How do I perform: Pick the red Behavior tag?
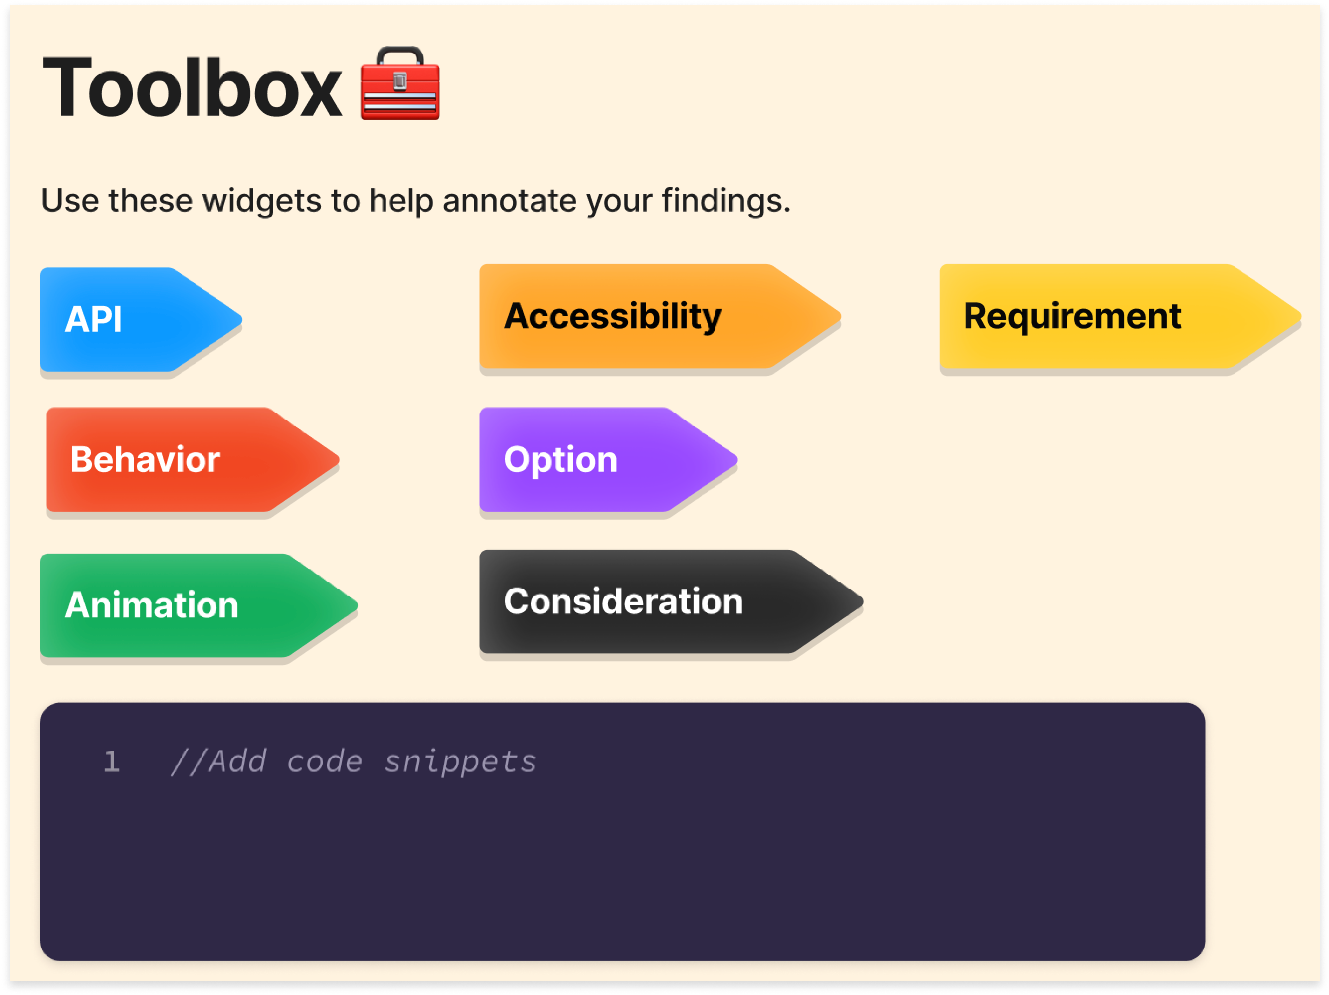(x=180, y=460)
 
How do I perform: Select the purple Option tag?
(x=595, y=460)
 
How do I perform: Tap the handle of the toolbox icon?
(x=400, y=54)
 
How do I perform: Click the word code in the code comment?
(x=324, y=762)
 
